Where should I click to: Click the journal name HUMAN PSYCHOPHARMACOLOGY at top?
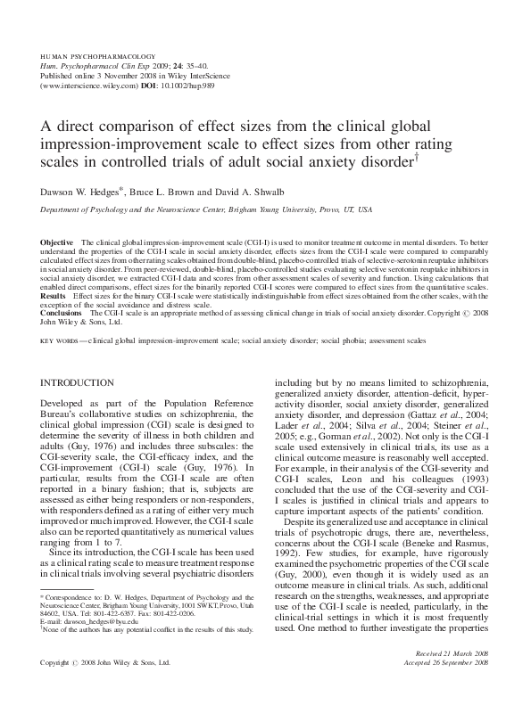(98, 55)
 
